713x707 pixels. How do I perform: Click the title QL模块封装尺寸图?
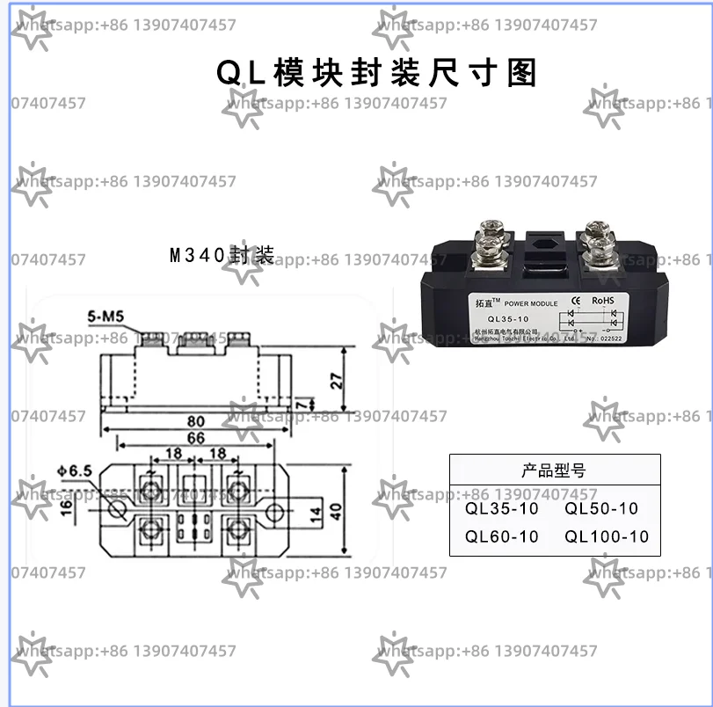pos(376,73)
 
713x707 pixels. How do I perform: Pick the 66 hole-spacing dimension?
pos(195,439)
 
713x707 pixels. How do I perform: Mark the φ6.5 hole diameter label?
pos(74,470)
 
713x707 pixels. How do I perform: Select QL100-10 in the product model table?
pos(607,536)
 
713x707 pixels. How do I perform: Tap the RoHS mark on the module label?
pos(602,301)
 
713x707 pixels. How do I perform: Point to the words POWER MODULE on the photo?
pos(531,303)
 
